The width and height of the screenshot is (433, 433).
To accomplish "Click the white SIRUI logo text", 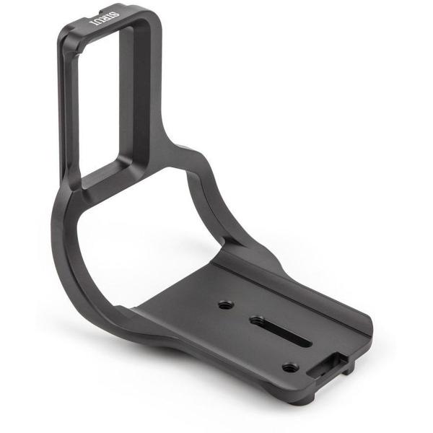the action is pos(105,18).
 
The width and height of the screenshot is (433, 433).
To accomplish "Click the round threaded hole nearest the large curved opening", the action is pos(226,305).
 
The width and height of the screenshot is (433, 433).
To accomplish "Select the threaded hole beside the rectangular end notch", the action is pos(291,367).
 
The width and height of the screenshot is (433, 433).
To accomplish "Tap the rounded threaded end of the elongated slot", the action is pos(258,321).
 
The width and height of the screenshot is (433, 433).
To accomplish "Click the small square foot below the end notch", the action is pos(349,369).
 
